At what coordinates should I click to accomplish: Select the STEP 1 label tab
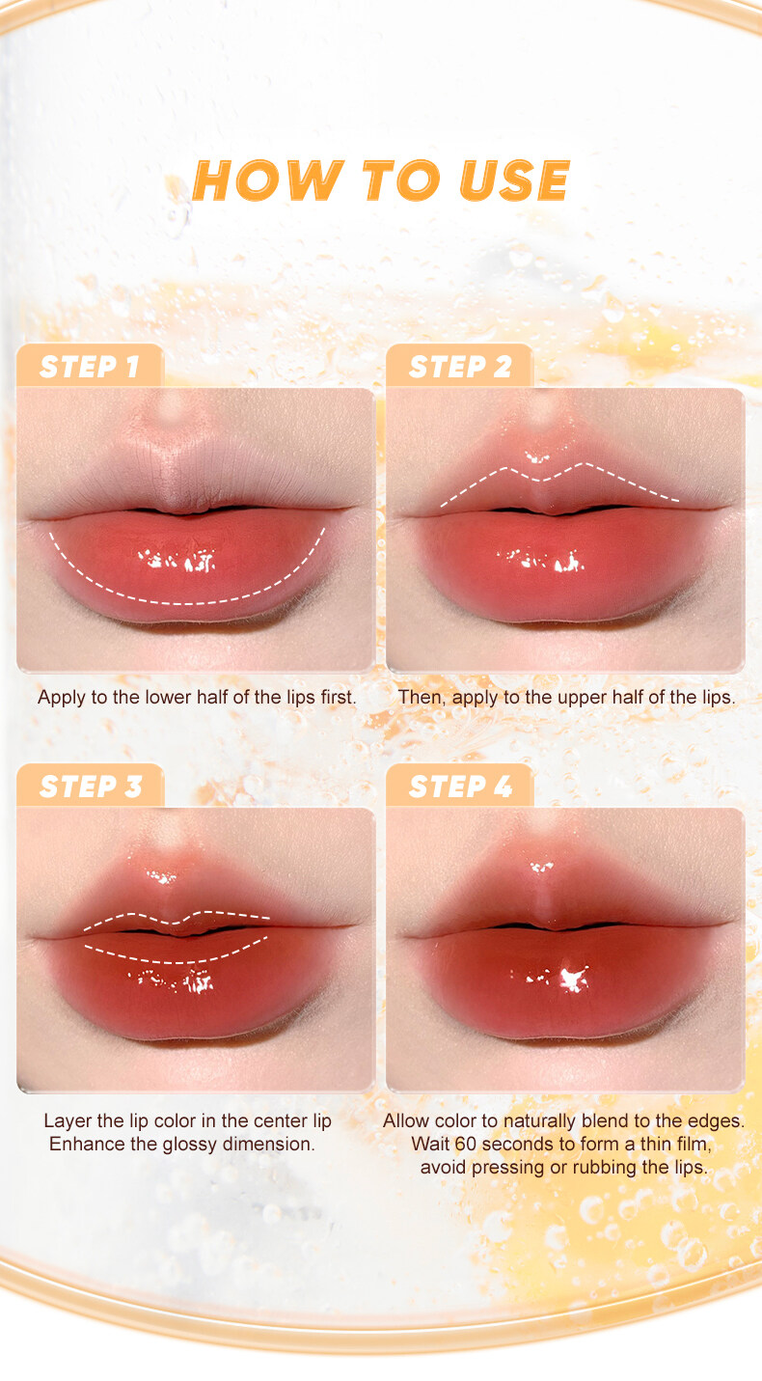(x=90, y=366)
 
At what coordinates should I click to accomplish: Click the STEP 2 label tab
(x=459, y=366)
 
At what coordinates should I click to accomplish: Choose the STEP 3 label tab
(x=90, y=787)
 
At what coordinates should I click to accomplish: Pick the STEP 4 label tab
(x=459, y=787)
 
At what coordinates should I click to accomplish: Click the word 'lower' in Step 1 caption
(x=168, y=698)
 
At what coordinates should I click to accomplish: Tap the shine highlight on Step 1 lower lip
(x=178, y=560)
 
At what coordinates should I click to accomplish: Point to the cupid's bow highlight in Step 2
(x=536, y=456)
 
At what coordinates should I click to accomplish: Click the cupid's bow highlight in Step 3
(x=161, y=876)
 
